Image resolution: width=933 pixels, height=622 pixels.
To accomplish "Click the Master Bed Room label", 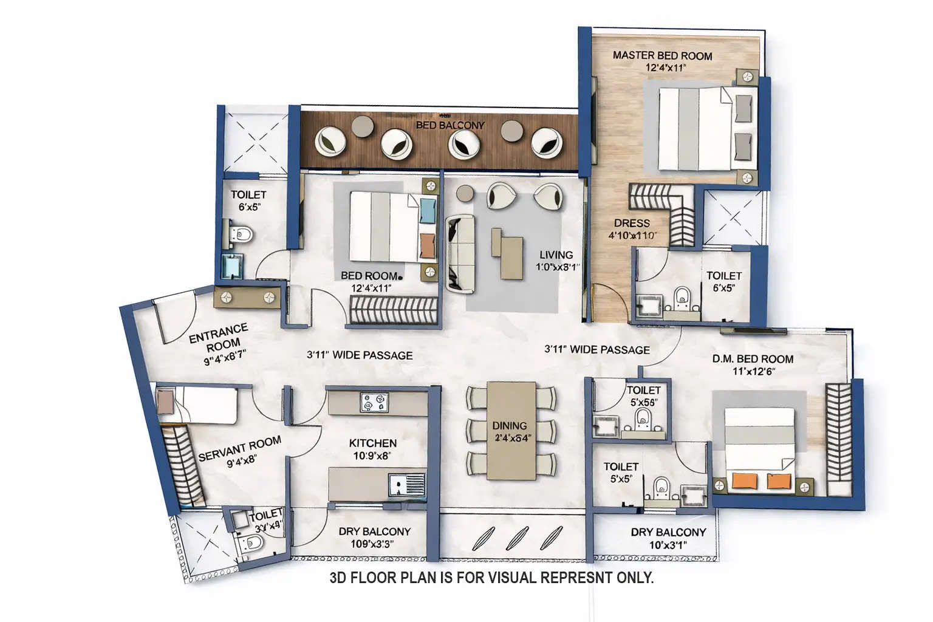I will click(662, 56).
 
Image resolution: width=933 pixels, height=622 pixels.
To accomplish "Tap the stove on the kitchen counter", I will click(372, 402).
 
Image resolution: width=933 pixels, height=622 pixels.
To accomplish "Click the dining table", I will click(510, 430).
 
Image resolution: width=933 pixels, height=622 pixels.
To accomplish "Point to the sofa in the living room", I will click(460, 253).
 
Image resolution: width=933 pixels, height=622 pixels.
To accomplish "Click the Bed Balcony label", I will click(450, 125).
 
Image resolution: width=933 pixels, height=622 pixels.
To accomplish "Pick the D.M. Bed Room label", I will click(753, 359).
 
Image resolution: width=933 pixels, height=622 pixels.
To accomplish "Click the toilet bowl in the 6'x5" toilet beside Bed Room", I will click(244, 234).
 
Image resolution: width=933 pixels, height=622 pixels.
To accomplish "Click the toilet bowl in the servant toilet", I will click(251, 542).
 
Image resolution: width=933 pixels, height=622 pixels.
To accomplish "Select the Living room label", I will click(556, 255).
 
